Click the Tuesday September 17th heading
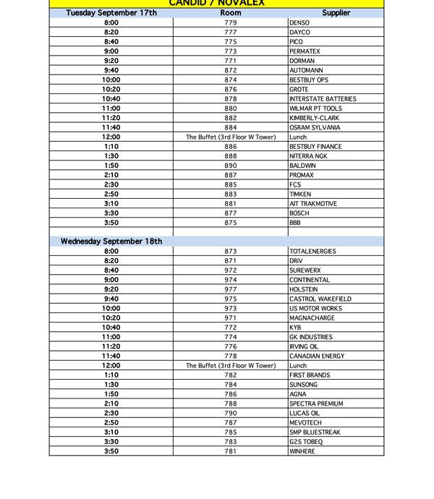pos(111,13)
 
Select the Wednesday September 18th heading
pos(111,242)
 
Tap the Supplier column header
pos(335,13)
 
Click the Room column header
pos(231,13)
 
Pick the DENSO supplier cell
pos(299,23)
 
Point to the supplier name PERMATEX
pos(305,51)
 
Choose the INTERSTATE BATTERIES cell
pos(323,99)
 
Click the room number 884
pos(231,127)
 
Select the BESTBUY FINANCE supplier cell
pos(315,147)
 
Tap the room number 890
pos(231,166)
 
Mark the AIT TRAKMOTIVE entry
pos(313,204)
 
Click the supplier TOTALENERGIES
pos(312,252)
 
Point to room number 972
pos(231,270)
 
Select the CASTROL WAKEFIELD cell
pos(320,299)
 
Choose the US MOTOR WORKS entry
pos(316,309)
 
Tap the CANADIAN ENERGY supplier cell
pos(318,356)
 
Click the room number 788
pos(231,404)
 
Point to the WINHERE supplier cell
pos(302,451)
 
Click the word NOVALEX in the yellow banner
pos(243,3)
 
